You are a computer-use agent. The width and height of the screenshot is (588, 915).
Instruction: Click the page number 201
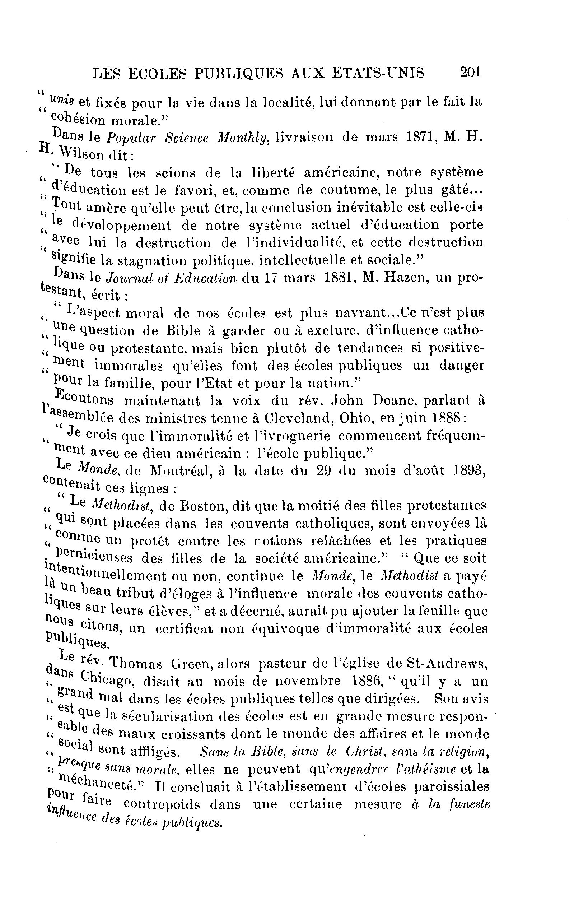point(470,72)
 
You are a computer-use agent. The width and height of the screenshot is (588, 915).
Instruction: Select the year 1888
point(448,418)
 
